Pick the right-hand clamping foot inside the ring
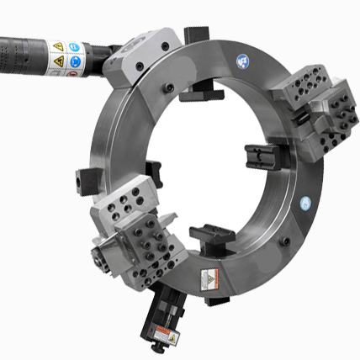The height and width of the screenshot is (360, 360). [x=259, y=157]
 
